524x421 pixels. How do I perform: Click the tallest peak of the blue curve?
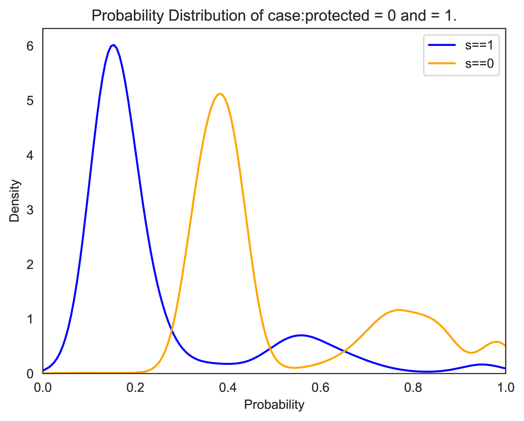tap(114, 45)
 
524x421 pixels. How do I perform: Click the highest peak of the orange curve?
tap(220, 94)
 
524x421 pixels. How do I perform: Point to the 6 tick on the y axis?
tap(30, 46)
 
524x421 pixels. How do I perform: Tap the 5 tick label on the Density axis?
tap(30, 101)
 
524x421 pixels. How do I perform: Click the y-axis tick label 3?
tap(30, 210)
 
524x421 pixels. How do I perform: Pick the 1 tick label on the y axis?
tap(30, 319)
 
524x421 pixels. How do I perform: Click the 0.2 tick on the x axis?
tap(135, 388)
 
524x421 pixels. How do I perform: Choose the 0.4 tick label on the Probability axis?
tap(228, 388)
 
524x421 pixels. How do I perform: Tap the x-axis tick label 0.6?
tap(321, 388)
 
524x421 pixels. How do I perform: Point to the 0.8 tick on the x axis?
tap(413, 388)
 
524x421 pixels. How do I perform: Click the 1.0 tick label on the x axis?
tap(505, 388)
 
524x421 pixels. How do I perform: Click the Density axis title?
tap(15, 201)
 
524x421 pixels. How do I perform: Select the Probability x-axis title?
tap(274, 405)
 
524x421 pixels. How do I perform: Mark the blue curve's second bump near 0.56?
tap(301, 335)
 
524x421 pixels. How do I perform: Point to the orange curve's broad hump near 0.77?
tap(399, 310)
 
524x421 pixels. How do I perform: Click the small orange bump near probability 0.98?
tap(496, 342)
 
